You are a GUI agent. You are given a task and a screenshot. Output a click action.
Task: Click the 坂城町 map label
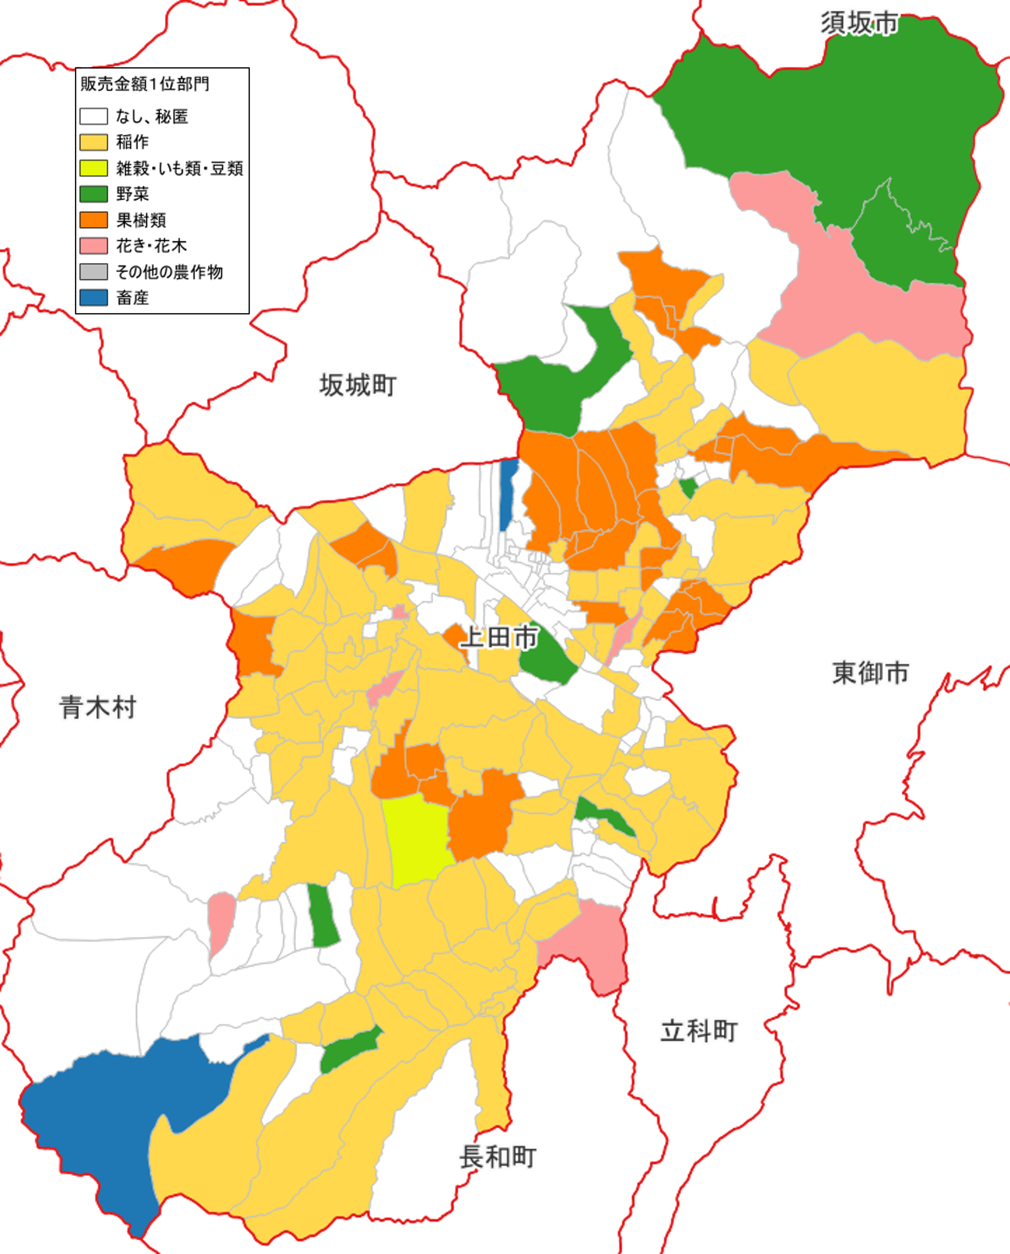358,385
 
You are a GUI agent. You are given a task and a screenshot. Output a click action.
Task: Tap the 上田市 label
499,637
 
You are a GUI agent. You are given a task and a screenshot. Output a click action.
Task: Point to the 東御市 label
870,673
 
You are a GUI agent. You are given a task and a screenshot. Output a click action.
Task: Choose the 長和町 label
497,1157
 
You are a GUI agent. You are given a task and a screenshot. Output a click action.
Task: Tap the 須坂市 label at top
859,23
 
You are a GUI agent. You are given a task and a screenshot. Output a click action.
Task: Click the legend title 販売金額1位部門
144,84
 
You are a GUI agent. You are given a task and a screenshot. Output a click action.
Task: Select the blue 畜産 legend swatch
94,297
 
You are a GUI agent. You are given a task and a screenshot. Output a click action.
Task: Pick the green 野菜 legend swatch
94,194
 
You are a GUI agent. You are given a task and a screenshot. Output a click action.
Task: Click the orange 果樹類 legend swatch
94,220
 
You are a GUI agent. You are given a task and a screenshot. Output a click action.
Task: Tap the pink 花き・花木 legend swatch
94,246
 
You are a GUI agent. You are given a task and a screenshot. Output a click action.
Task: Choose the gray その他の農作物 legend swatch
94,272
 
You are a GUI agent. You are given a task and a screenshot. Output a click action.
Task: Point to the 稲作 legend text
132,142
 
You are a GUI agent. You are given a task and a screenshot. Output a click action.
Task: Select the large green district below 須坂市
844,116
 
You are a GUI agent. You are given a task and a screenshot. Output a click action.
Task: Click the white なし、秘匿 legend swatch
94,116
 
